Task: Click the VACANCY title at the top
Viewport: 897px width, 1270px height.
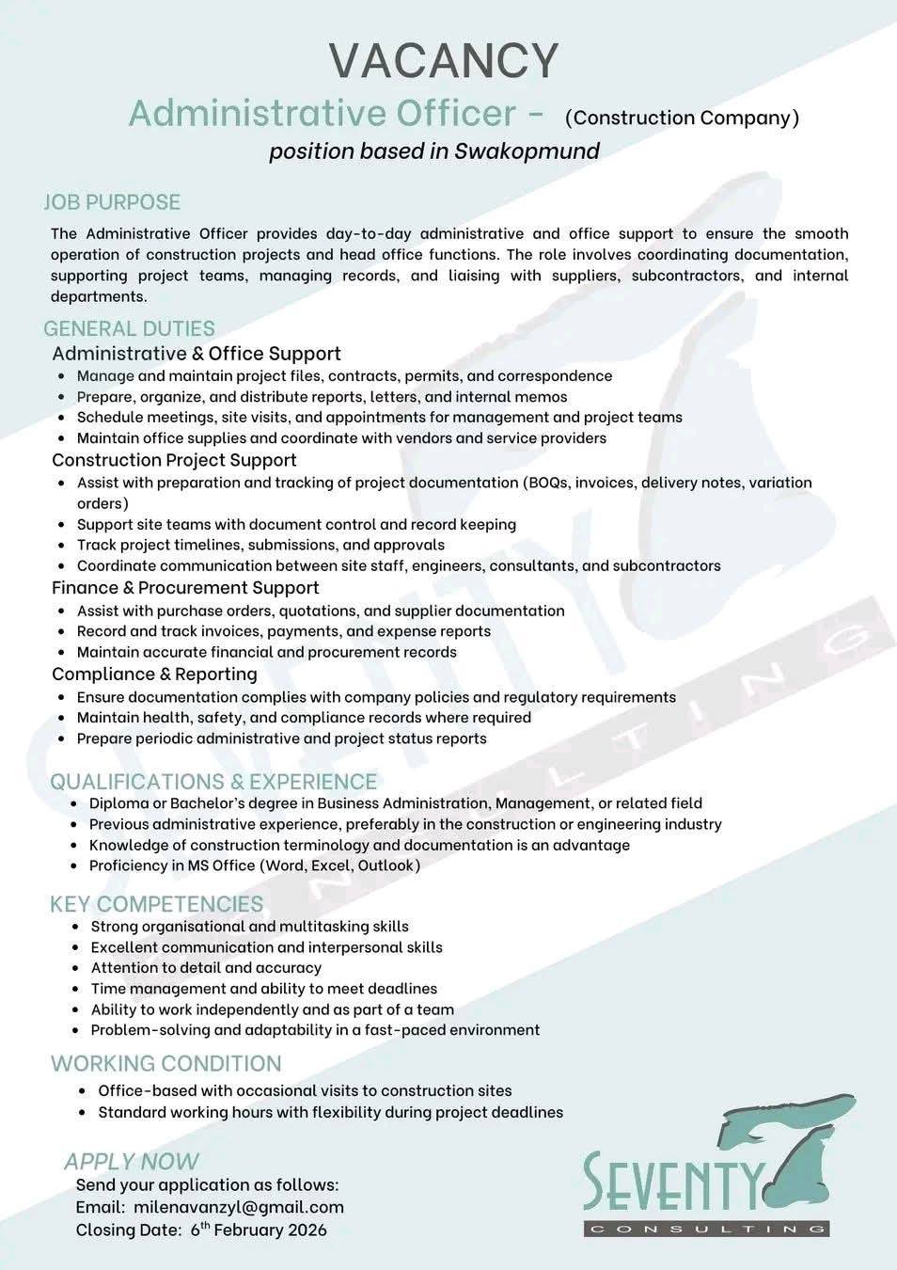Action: (444, 60)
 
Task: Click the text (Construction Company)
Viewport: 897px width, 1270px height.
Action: (682, 118)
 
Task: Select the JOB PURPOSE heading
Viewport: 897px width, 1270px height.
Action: (112, 202)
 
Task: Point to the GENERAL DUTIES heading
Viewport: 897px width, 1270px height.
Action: (129, 328)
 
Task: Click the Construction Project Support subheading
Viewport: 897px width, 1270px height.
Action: (174, 460)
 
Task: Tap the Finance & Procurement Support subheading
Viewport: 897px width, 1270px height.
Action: (185, 588)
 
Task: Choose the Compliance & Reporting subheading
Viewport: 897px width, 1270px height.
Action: (154, 675)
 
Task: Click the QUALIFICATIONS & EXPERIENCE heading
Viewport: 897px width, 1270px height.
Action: (213, 782)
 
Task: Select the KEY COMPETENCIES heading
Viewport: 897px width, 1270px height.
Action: (156, 904)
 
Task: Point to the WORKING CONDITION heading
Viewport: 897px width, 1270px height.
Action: (165, 1064)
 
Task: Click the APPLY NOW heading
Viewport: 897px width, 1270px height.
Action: (132, 1162)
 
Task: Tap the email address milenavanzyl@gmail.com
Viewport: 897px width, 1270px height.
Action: (239, 1207)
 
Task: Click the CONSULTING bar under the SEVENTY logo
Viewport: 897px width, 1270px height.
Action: (706, 1229)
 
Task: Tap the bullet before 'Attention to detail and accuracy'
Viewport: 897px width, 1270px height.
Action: (75, 968)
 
